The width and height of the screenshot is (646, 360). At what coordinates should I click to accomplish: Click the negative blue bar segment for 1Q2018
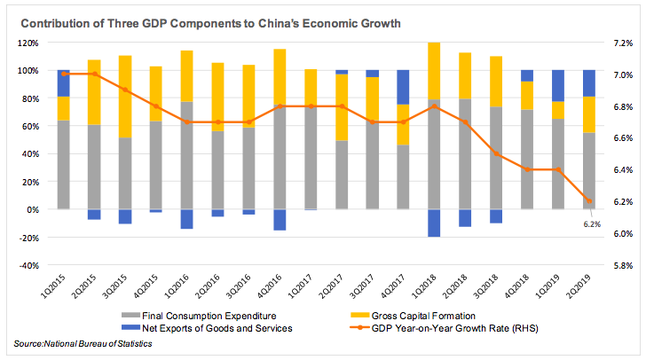(434, 223)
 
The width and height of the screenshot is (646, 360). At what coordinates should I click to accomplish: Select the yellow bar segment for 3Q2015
(125, 97)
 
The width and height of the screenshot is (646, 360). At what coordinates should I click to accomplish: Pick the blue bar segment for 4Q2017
(403, 87)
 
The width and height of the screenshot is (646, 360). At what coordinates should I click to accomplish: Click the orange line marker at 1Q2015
(63, 74)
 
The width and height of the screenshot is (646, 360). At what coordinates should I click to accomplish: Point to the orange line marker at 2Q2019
(588, 200)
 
